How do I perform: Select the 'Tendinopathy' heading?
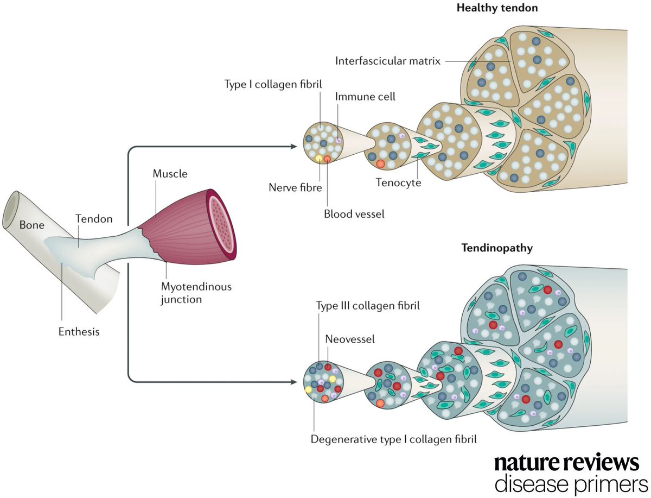(497, 248)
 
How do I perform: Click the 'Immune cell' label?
(366, 97)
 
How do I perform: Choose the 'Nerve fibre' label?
(295, 188)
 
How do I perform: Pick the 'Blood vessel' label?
(354, 214)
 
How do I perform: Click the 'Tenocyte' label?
(398, 182)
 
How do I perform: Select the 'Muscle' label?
(170, 174)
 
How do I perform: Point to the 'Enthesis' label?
(79, 331)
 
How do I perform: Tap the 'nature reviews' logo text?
(567, 463)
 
